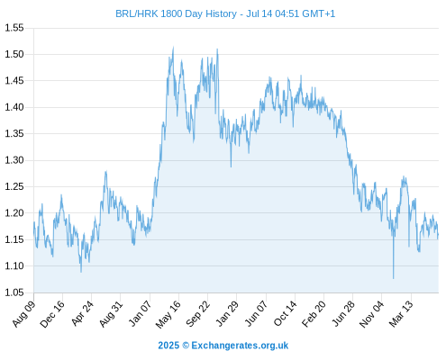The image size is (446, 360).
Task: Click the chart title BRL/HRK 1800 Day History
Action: tap(176, 13)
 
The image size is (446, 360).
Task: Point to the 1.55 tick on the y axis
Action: tap(14, 28)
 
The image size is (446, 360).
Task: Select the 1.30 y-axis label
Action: tap(14, 160)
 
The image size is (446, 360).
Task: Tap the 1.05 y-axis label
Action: tap(14, 292)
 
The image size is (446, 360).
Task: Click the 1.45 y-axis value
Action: tap(14, 81)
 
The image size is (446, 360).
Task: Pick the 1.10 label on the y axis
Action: tap(14, 266)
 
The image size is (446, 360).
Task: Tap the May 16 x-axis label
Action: tap(168, 314)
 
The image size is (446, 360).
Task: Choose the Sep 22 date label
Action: tap(197, 314)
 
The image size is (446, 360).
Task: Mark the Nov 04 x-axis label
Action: tap(372, 314)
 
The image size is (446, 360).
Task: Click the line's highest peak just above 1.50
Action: tap(173, 48)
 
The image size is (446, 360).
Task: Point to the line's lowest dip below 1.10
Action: tap(393, 278)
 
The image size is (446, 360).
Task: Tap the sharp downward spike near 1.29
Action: tap(231, 166)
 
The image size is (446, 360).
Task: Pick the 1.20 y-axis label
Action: tap(14, 213)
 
